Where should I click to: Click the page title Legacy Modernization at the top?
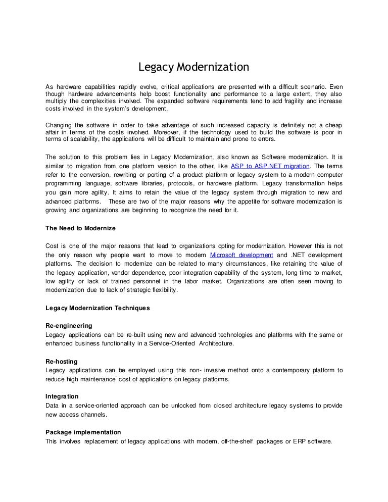(x=194, y=67)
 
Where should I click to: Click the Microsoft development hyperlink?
(x=241, y=255)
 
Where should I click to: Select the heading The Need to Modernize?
(x=81, y=228)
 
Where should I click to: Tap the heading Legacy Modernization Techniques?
(x=98, y=308)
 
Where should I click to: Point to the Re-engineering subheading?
(x=69, y=326)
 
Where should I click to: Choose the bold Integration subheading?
(x=62, y=396)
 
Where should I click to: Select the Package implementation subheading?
(x=83, y=432)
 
